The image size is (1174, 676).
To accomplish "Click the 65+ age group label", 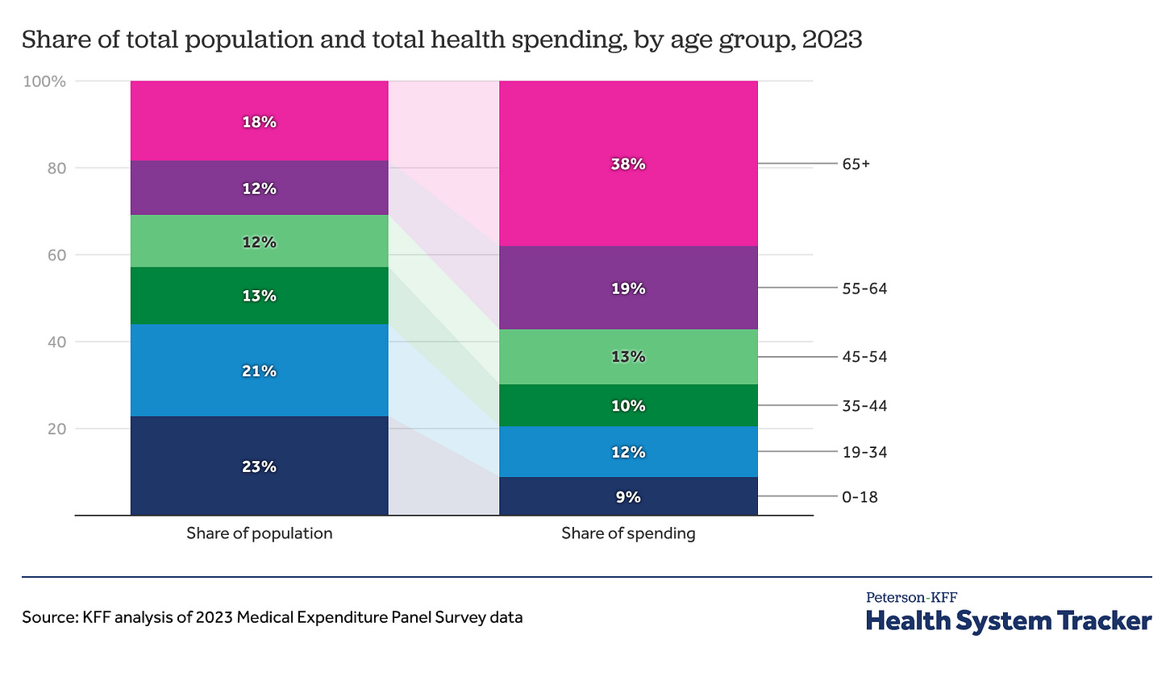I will pos(855,164).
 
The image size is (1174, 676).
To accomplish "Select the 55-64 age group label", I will pos(864,288).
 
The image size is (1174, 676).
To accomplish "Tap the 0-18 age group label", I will pos(860,497).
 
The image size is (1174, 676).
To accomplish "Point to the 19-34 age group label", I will pos(864,452).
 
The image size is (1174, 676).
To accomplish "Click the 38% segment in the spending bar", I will pos(628,164).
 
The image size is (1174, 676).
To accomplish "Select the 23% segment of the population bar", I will pos(259,466).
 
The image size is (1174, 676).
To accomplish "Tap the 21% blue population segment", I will pos(259,371).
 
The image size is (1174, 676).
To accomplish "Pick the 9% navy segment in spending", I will pos(628,496).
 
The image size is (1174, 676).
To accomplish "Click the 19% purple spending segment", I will pos(628,288).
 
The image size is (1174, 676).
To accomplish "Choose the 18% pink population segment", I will pos(259,122).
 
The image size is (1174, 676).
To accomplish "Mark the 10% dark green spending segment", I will pos(628,405).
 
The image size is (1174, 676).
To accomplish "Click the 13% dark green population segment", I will pos(259,296).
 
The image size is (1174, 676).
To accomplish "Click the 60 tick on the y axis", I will pos(56,255).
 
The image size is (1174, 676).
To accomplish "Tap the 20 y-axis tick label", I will pos(56,429).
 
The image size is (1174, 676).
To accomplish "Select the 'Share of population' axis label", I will pos(259,533).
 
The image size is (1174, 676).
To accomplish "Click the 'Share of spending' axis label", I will pos(628,533).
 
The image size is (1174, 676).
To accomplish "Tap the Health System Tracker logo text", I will pos(1009,620).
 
